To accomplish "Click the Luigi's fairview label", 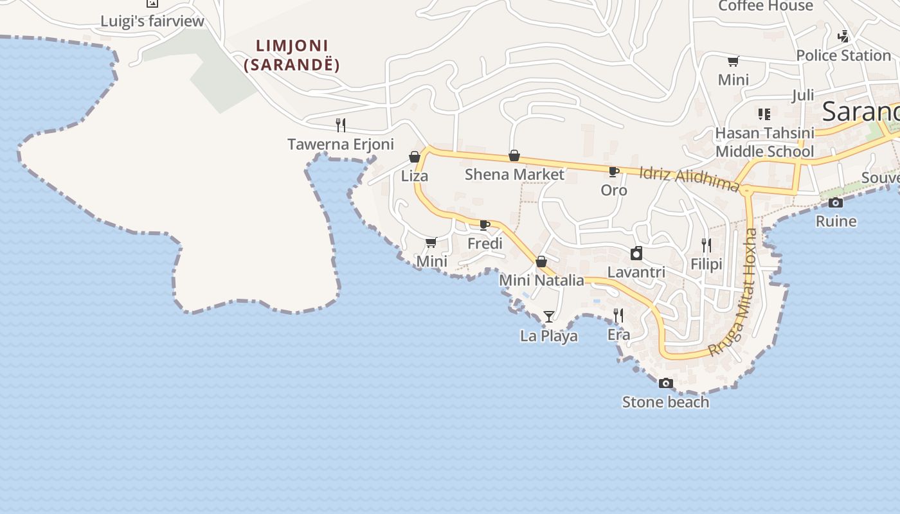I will (152, 21).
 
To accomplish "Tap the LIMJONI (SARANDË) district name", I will (292, 55).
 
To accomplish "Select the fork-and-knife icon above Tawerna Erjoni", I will (341, 125).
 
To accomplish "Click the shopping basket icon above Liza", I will (415, 157).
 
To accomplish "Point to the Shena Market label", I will (514, 174).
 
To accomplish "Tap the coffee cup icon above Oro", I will (613, 172).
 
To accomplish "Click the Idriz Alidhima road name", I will (690, 179).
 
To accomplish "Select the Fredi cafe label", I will (485, 244).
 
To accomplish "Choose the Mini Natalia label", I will (541, 280).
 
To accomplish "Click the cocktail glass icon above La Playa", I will (548, 316).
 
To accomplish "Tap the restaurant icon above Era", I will (618, 315).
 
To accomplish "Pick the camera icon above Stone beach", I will (666, 383).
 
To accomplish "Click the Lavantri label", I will (636, 272).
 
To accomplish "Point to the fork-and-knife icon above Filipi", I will (706, 245).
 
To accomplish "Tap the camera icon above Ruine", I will (836, 203).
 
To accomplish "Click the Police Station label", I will (843, 56).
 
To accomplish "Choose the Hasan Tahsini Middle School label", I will (765, 142).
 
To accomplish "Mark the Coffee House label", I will (766, 6).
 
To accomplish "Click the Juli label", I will (803, 96).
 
